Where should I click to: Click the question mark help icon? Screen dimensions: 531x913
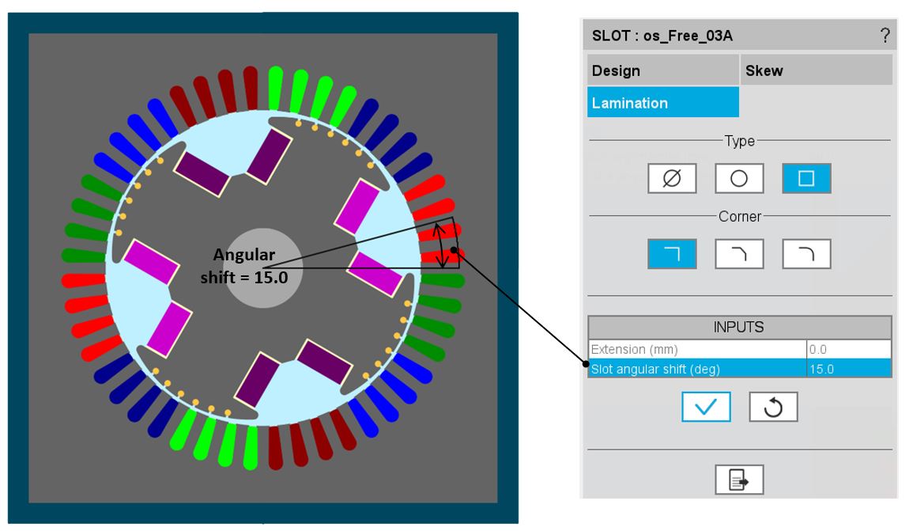[885, 36]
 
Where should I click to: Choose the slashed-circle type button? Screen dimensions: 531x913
[672, 178]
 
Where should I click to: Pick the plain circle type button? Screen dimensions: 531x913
[739, 178]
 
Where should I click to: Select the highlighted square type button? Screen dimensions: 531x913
[806, 178]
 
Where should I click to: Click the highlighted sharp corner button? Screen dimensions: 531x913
[672, 253]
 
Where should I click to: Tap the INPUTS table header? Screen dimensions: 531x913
[739, 327]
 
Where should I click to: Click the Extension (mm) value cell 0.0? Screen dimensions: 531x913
[848, 349]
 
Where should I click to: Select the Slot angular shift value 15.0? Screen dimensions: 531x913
[848, 368]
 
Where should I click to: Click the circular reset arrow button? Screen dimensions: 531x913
[773, 407]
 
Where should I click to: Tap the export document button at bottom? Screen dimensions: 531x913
[739, 480]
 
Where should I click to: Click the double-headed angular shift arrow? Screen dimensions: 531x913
[443, 246]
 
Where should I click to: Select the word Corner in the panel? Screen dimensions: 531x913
[739, 216]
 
